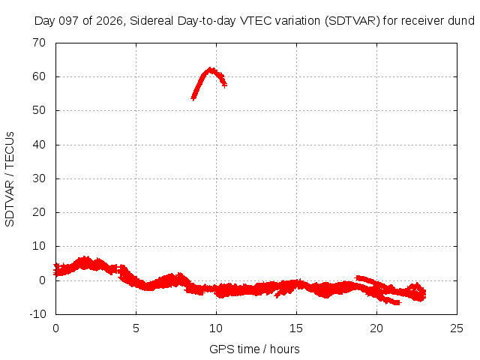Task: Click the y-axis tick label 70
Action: click(39, 43)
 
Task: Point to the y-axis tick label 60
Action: click(39, 76)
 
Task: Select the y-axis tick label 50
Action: click(39, 110)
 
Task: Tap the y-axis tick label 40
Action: click(39, 145)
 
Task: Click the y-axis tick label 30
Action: click(39, 178)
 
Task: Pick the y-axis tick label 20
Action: click(39, 212)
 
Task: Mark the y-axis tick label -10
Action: click(37, 314)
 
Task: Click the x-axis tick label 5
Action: click(136, 328)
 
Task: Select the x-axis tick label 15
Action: click(296, 328)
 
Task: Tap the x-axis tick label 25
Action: click(457, 328)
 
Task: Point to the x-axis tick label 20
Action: click(376, 328)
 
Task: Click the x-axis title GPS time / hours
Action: click(254, 349)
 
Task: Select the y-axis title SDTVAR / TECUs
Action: click(10, 179)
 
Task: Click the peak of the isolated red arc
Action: click(211, 69)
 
